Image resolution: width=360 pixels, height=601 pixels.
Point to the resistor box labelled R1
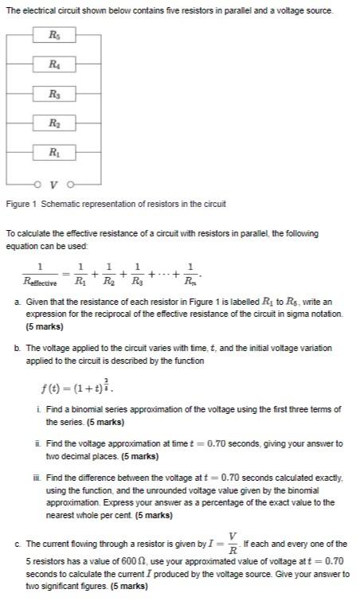coord(53,151)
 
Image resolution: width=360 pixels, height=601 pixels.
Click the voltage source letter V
coord(53,179)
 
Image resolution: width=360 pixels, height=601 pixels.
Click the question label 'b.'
coord(18,349)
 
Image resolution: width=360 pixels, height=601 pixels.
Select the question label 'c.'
coord(18,544)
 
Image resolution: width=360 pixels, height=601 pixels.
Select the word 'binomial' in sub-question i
coord(90,409)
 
